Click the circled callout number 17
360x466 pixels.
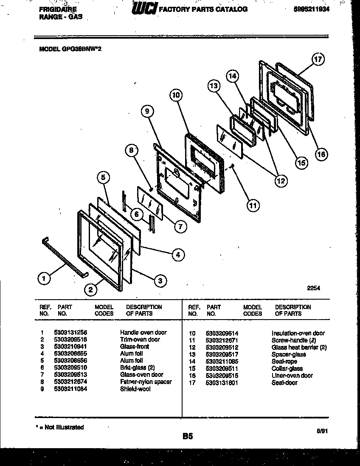tap(318, 59)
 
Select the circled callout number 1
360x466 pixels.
tap(42, 278)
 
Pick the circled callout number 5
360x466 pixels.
tap(104, 177)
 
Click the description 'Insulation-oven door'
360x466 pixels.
tap(298, 333)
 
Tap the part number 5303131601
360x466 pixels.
tap(221, 382)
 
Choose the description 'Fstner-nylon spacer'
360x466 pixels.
tap(146, 382)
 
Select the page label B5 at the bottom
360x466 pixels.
tap(188, 435)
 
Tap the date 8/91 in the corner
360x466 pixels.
tap(323, 431)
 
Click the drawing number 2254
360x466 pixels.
tap(313, 288)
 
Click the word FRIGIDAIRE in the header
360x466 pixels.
tap(51, 9)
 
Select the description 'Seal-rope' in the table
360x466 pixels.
tap(284, 361)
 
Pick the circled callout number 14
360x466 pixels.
tap(232, 76)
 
